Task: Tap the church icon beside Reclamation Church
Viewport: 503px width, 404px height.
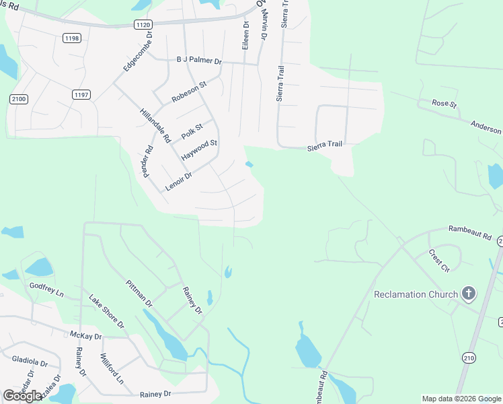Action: (x=469, y=294)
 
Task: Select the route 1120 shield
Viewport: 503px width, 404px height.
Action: (x=143, y=25)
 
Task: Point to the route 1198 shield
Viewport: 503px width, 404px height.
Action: (x=72, y=38)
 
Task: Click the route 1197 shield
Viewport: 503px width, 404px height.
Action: (x=81, y=94)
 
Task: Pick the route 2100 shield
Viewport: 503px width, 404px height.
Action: (x=19, y=99)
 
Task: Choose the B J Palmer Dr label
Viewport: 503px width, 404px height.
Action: (x=199, y=60)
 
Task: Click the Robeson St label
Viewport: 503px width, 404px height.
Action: (x=189, y=90)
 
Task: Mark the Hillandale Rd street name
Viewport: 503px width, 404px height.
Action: (x=155, y=126)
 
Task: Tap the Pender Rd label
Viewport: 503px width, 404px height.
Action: (x=147, y=160)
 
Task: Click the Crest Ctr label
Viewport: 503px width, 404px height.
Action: (x=438, y=261)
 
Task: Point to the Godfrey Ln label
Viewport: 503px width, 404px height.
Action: (x=46, y=290)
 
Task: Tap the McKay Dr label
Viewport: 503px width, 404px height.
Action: (x=85, y=335)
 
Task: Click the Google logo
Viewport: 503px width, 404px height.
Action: (x=22, y=396)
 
